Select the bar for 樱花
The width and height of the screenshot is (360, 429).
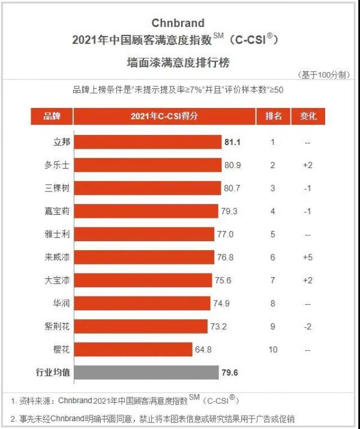tap(133, 349)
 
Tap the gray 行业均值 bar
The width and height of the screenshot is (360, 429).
tap(146, 373)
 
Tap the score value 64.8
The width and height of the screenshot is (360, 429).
tap(205, 349)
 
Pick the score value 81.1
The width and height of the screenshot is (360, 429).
tap(233, 142)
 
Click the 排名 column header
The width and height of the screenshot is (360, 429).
tap(273, 116)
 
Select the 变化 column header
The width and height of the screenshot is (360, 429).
tap(308, 116)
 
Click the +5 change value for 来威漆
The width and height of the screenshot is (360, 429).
tap(308, 257)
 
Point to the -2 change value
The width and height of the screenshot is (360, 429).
tap(308, 326)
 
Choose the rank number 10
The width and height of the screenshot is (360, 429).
tap(273, 349)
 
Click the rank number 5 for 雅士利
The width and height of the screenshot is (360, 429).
tap(273, 234)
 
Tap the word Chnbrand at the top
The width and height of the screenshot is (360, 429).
tap(178, 23)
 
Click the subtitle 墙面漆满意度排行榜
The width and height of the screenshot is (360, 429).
tap(178, 62)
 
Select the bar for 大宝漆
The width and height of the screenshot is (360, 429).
tap(143, 280)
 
